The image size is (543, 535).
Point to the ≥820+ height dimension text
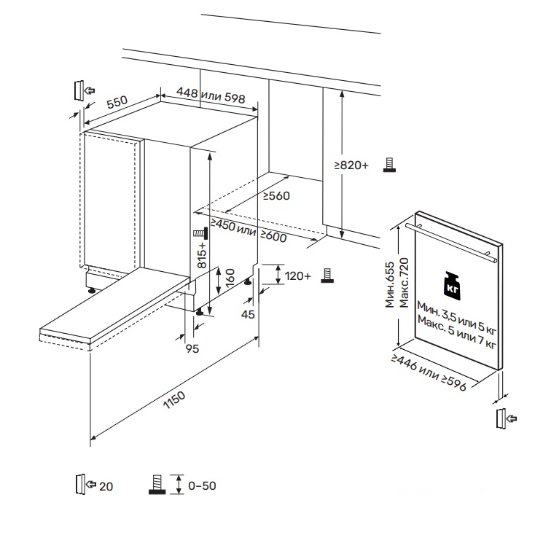click(351, 166)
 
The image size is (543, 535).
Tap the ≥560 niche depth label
click(277, 195)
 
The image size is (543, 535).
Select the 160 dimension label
click(230, 278)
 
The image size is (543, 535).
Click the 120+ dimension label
click(297, 276)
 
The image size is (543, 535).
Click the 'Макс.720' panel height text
click(402, 281)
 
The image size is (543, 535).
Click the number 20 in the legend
click(106, 485)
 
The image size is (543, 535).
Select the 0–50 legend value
click(202, 485)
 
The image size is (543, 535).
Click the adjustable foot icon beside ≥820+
click(390, 165)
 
